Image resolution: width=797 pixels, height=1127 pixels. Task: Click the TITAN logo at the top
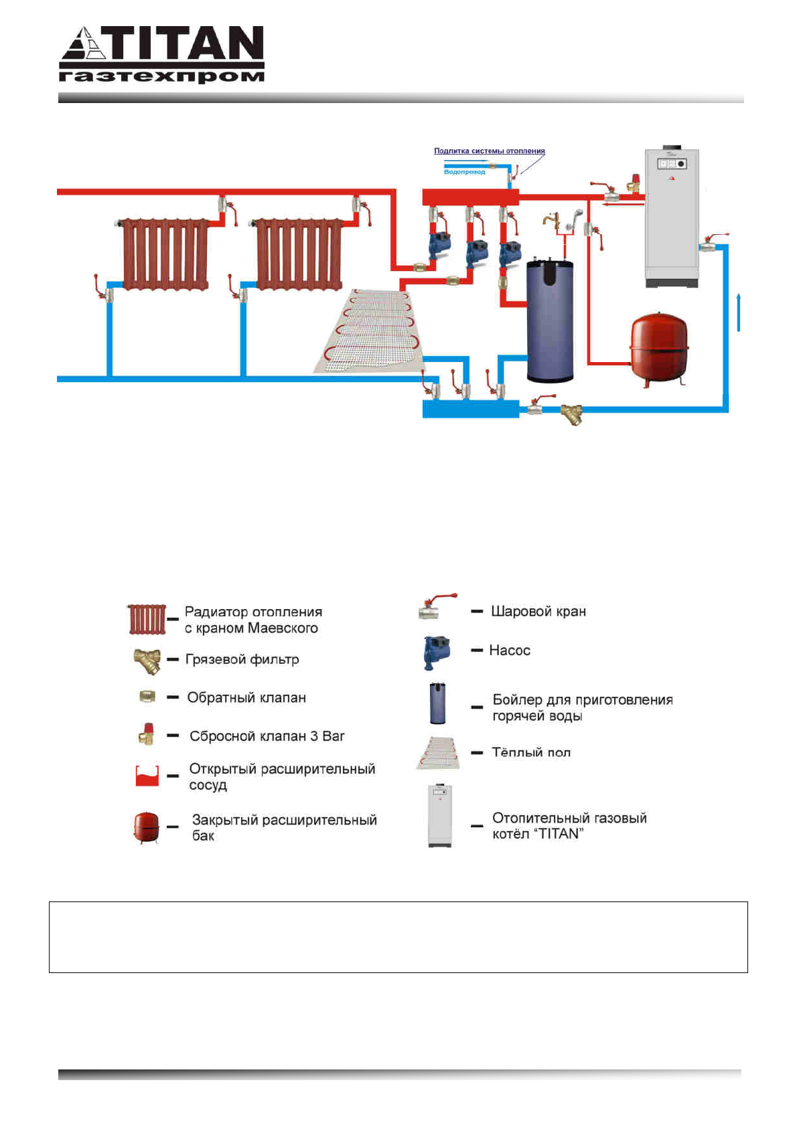click(162, 55)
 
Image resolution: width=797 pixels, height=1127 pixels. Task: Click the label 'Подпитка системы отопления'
click(489, 151)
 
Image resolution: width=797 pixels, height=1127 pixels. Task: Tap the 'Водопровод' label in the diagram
click(464, 172)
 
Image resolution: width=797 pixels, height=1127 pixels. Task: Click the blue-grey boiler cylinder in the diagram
click(551, 320)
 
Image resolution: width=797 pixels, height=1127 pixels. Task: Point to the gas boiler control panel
click(672, 163)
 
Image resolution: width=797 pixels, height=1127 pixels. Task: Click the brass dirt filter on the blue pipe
click(571, 414)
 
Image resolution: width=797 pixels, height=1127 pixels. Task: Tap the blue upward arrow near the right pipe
click(738, 311)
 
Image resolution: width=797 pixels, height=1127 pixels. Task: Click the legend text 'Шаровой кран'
click(538, 612)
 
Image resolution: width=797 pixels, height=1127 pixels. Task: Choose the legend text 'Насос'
click(510, 651)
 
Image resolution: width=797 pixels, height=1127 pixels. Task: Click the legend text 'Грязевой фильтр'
click(242, 660)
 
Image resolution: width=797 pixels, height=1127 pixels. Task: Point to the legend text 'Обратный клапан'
click(246, 698)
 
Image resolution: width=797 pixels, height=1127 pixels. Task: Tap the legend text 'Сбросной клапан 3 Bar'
click(267, 736)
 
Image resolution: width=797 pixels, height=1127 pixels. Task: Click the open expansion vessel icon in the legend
click(147, 776)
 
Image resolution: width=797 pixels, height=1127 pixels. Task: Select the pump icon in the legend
click(437, 653)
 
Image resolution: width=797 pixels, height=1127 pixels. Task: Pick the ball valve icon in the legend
click(438, 606)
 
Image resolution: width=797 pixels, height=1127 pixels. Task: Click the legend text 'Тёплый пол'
click(531, 753)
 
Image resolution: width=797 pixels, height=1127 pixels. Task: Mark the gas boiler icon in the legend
click(440, 816)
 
